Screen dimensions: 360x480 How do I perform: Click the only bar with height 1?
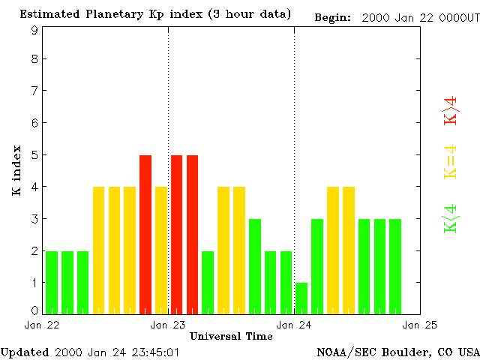click(x=301, y=298)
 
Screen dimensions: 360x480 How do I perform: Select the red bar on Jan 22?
click(x=145, y=234)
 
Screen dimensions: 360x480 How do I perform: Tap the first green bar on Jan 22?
click(x=52, y=282)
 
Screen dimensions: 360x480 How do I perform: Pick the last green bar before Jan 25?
click(x=395, y=266)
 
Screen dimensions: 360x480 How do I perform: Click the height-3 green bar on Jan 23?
click(x=255, y=266)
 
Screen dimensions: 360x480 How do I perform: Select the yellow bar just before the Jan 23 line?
click(x=161, y=250)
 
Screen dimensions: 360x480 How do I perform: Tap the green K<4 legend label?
click(x=451, y=218)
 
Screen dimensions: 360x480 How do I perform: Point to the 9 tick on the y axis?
click(x=34, y=30)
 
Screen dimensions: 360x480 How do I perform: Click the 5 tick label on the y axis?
click(x=34, y=155)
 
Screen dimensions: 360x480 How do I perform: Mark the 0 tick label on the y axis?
click(x=34, y=310)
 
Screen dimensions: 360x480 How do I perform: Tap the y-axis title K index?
click(x=16, y=171)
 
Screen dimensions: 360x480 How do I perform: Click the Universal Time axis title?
click(x=231, y=336)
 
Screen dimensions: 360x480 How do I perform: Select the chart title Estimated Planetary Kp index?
click(x=155, y=15)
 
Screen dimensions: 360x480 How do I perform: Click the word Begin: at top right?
click(x=332, y=17)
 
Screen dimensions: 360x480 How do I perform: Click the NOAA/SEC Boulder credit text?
click(x=398, y=352)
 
